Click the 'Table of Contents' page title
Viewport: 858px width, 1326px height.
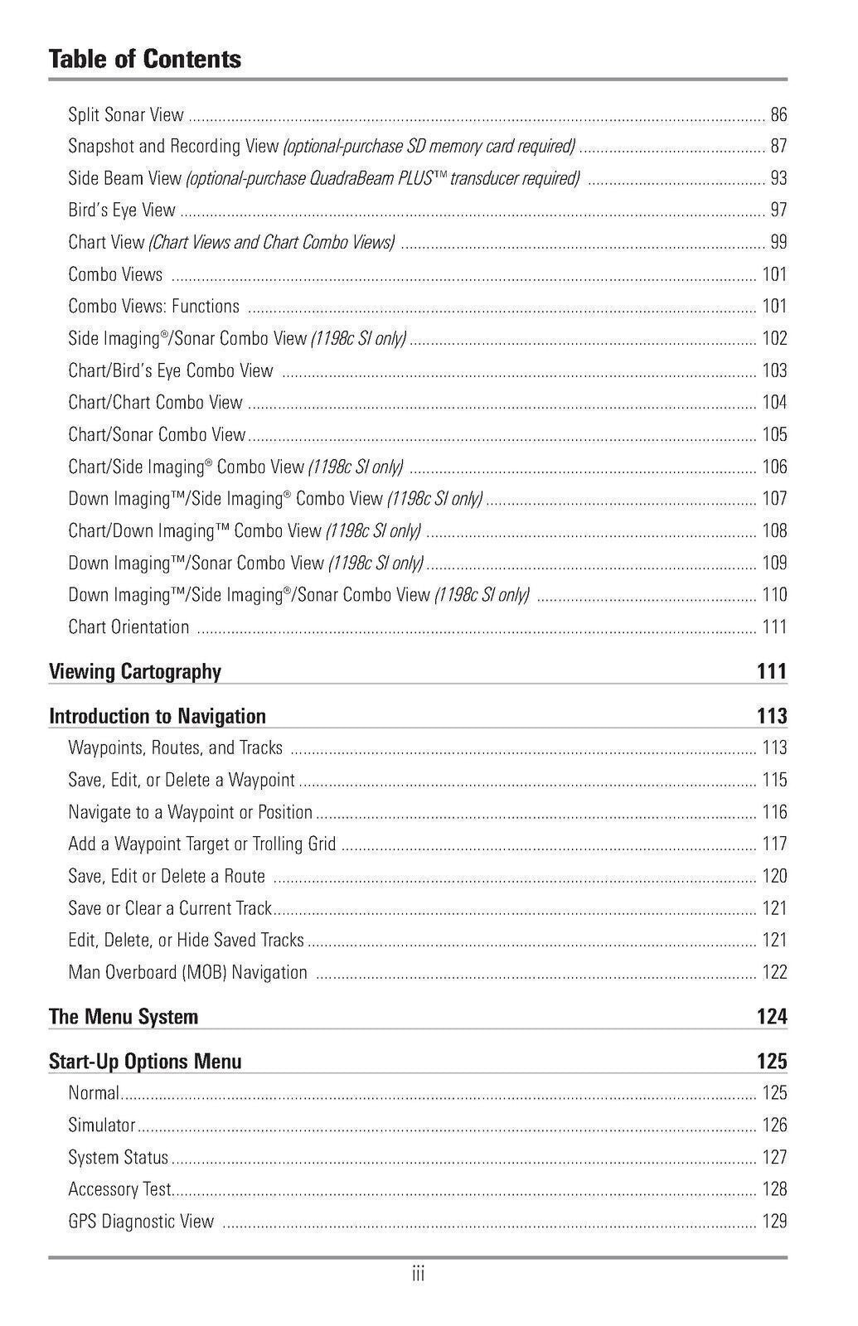(145, 60)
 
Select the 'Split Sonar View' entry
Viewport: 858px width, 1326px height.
(126, 115)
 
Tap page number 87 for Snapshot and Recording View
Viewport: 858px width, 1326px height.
(778, 147)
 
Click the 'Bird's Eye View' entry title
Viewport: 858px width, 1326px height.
(122, 211)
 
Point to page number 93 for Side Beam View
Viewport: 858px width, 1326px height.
(778, 178)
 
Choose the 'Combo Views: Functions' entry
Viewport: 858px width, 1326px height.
(153, 307)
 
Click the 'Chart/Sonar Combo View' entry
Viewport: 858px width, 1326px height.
(157, 435)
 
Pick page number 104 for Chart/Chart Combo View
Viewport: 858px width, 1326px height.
(774, 403)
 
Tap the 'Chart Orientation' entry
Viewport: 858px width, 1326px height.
(128, 627)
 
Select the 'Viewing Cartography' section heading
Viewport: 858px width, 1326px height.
(135, 671)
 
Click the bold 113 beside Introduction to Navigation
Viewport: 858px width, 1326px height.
(771, 716)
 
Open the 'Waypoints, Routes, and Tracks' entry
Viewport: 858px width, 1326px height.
(175, 748)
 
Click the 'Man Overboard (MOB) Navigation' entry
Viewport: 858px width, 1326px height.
(187, 973)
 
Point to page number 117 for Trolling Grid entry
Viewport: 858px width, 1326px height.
(774, 844)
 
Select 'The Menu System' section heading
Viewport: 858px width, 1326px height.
(124, 1017)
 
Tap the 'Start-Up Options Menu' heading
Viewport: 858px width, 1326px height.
(145, 1062)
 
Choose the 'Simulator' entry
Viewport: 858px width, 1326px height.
(101, 1125)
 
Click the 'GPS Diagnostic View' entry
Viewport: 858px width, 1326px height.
(141, 1222)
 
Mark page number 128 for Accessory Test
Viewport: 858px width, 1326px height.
(774, 1190)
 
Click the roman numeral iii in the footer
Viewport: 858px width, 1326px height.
(418, 1275)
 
